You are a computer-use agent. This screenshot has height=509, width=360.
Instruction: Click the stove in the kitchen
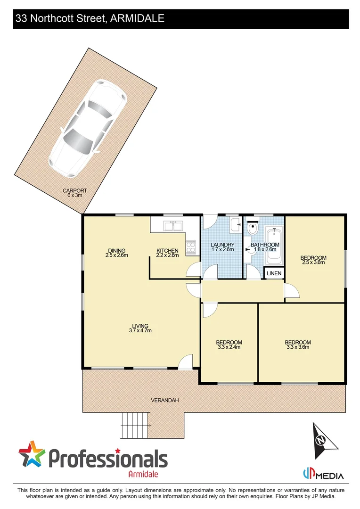click(x=191, y=247)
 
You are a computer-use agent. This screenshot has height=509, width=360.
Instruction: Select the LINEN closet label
click(x=274, y=273)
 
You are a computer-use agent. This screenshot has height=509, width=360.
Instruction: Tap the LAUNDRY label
click(x=222, y=245)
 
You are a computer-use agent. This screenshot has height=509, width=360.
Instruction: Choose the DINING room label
click(x=117, y=250)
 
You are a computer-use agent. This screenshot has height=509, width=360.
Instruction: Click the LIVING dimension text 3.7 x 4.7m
click(x=140, y=331)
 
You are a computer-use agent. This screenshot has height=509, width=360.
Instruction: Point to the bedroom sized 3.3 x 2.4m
click(x=229, y=345)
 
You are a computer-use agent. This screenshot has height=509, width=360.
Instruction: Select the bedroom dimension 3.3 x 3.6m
click(x=298, y=347)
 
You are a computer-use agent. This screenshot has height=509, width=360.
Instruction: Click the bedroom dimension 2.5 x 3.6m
click(x=313, y=263)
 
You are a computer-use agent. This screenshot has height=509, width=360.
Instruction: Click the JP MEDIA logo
click(x=323, y=475)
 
